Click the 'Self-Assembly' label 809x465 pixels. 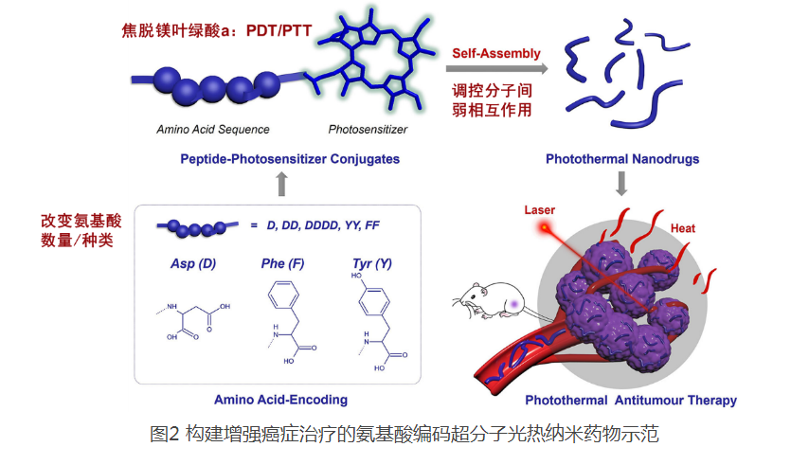496,53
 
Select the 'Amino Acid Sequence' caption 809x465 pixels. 213,129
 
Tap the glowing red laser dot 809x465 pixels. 545,227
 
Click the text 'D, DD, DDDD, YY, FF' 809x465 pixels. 321,224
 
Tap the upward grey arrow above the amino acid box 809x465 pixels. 280,183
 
